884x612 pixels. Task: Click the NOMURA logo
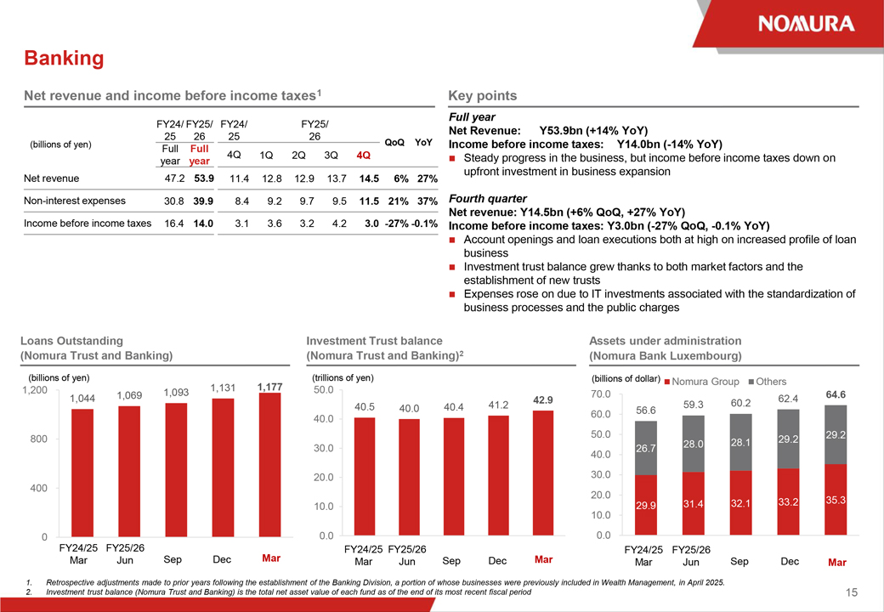(806, 24)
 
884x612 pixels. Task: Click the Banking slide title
(64, 58)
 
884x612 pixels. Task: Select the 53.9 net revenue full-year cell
(204, 178)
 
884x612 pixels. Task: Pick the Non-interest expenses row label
(75, 201)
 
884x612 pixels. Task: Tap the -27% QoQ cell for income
(397, 224)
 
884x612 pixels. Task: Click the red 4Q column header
(364, 155)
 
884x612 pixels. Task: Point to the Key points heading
(483, 96)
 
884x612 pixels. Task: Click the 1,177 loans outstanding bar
(269, 465)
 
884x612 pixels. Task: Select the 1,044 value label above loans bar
(82, 399)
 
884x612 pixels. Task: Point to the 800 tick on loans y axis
(39, 439)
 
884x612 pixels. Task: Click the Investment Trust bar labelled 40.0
(410, 478)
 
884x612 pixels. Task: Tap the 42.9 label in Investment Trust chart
(543, 400)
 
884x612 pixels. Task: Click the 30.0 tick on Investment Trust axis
(324, 449)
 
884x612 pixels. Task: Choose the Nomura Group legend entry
(702, 382)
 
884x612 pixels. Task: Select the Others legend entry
(768, 382)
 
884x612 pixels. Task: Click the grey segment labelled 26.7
(646, 448)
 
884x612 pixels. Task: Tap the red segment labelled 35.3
(836, 499)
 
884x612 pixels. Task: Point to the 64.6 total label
(836, 395)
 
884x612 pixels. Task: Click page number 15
(852, 592)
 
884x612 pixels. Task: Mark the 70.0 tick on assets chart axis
(601, 394)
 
